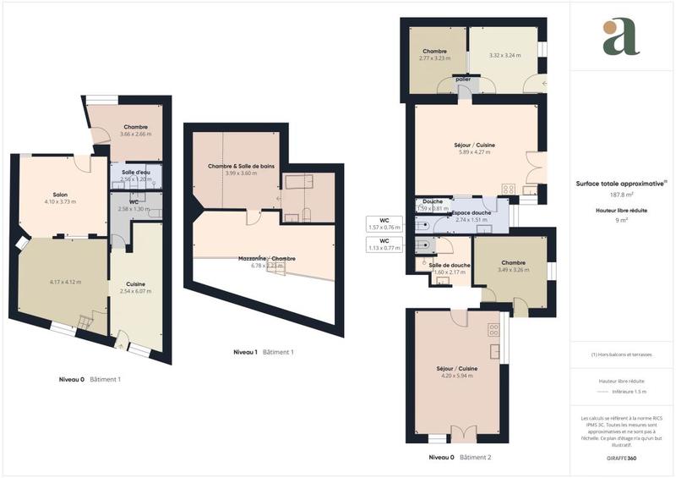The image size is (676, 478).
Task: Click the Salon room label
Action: [60, 194]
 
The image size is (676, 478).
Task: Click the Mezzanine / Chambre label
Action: [262, 258]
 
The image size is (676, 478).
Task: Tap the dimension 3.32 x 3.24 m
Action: [505, 56]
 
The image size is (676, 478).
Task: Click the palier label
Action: [463, 80]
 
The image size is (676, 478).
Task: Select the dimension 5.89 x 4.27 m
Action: [474, 153]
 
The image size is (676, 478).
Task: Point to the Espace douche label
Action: [471, 212]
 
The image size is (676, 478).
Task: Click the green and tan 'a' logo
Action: [621, 36]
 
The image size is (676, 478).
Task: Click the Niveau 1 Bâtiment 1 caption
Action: [263, 351]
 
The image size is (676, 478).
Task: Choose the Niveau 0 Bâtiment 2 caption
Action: [460, 457]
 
